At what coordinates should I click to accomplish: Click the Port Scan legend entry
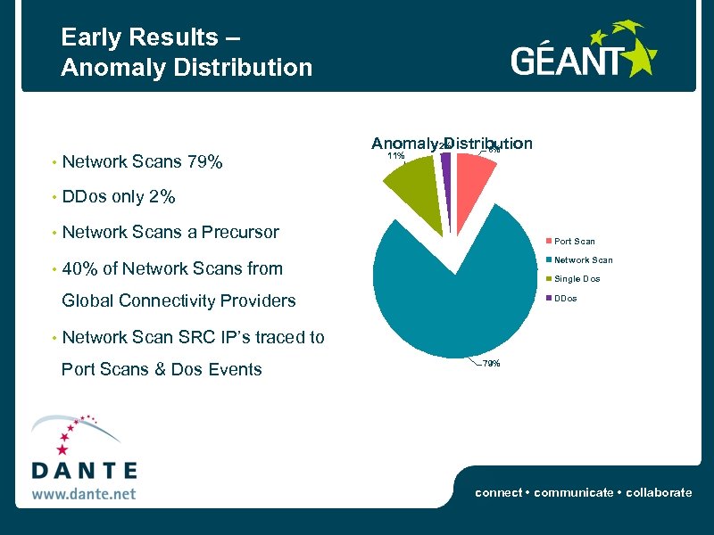click(x=574, y=241)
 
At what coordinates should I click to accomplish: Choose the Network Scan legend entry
click(x=583, y=260)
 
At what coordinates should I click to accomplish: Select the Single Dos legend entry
click(x=577, y=279)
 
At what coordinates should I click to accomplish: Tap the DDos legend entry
click(x=566, y=298)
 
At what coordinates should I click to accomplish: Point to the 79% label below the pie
click(x=491, y=364)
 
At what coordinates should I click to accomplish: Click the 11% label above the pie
click(x=394, y=156)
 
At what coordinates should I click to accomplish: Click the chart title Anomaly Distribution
click(x=452, y=144)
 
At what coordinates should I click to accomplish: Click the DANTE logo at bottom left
click(x=84, y=455)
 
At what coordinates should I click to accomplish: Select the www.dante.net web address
click(x=84, y=492)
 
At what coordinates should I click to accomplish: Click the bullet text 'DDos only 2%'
click(x=119, y=197)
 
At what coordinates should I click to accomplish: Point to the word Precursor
click(x=241, y=233)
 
